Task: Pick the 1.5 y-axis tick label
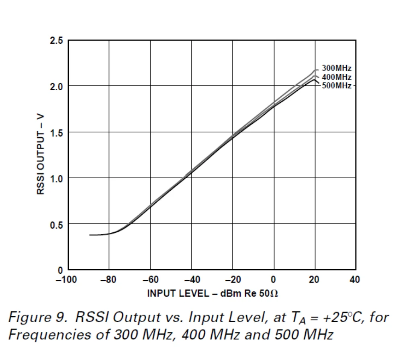point(57,133)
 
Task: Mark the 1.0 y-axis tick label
point(57,179)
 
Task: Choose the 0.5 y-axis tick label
point(57,225)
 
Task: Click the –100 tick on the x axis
point(66,279)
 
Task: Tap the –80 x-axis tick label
point(108,279)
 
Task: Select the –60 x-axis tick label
point(150,279)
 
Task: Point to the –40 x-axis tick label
point(191,279)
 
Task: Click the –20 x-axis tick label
point(233,279)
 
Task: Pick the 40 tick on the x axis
point(355,279)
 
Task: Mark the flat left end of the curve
point(94,235)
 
